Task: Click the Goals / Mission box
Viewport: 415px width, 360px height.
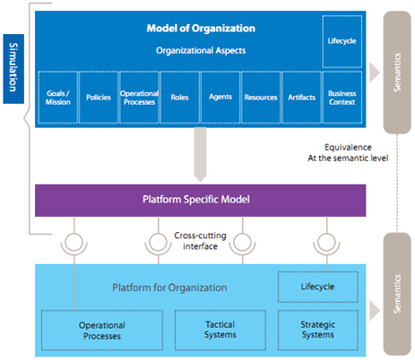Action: click(58, 98)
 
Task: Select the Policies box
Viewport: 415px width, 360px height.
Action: click(99, 98)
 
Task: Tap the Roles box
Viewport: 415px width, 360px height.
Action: click(180, 98)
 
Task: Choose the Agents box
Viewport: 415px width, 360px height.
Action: click(220, 98)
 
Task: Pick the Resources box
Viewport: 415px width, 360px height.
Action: click(261, 98)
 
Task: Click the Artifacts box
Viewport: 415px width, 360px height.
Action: click(301, 98)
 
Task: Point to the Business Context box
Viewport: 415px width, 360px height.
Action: click(342, 98)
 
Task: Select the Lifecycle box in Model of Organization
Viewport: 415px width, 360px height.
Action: click(342, 41)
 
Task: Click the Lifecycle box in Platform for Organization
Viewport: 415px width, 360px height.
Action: click(318, 287)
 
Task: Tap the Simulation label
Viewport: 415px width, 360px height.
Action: click(13, 69)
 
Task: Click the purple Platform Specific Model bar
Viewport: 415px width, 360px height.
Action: click(200, 201)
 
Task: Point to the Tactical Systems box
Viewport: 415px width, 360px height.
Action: click(220, 330)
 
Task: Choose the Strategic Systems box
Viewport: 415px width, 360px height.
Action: click(318, 330)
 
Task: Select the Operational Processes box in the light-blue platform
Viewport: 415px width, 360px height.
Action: click(102, 330)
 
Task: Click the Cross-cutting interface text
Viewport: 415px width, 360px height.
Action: click(200, 241)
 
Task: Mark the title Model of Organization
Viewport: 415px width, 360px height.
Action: click(201, 29)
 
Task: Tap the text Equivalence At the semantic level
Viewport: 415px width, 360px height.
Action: click(348, 152)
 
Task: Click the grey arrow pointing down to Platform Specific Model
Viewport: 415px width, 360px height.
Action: click(200, 154)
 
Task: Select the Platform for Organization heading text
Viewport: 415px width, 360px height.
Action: click(169, 287)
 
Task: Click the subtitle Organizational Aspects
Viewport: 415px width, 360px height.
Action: click(201, 50)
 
